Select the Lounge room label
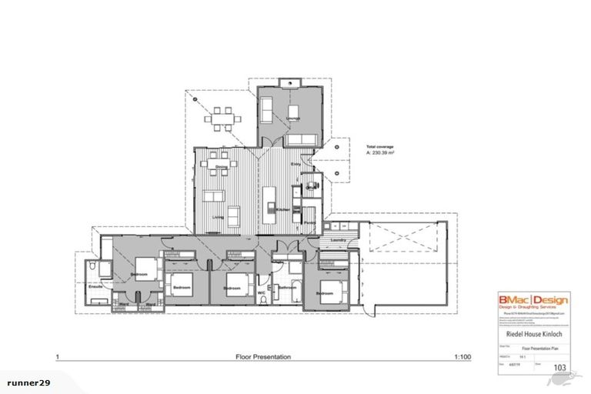pyautogui.click(x=292, y=116)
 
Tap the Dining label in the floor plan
pyautogui.click(x=221, y=166)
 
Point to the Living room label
pyautogui.click(x=218, y=218)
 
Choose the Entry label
pyautogui.click(x=295, y=164)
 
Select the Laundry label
pyautogui.click(x=336, y=240)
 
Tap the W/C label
pyautogui.click(x=262, y=292)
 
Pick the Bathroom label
pyautogui.click(x=288, y=287)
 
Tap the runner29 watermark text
pyautogui.click(x=28, y=382)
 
